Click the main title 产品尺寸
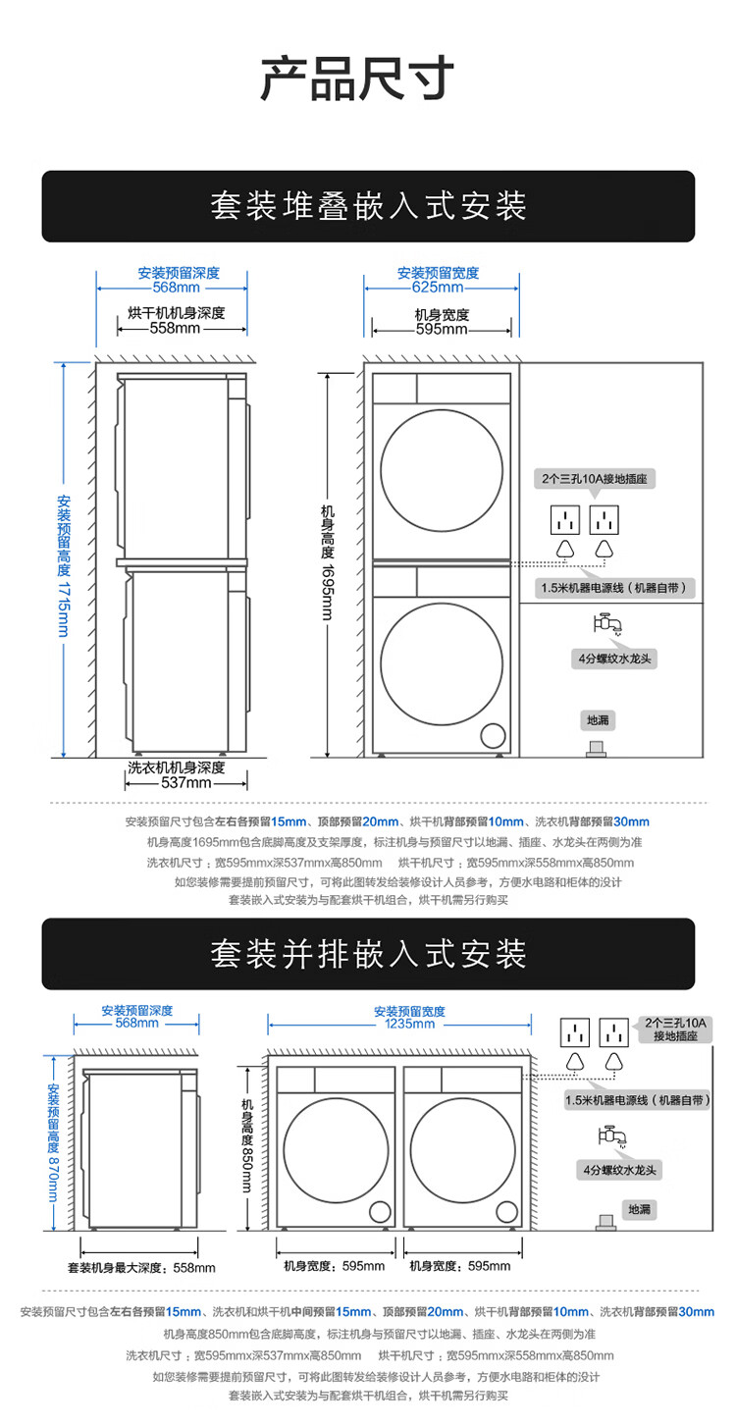[x=357, y=79]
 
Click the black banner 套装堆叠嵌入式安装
[x=368, y=206]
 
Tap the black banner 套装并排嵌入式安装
[x=368, y=954]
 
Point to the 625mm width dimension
[x=438, y=288]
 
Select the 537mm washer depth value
[x=186, y=783]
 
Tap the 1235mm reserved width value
[x=409, y=1025]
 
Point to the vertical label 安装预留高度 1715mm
[x=64, y=564]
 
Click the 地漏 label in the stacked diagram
[x=598, y=720]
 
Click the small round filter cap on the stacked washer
[x=493, y=736]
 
